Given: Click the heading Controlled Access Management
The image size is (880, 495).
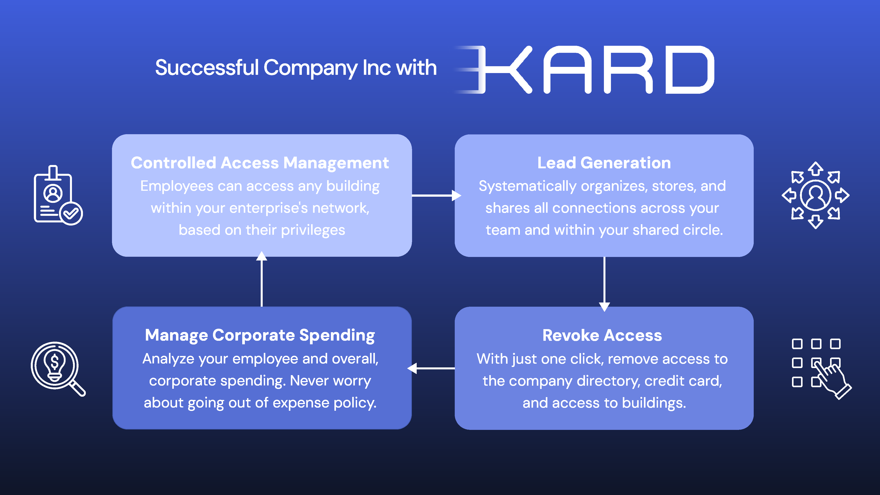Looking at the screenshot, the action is [260, 163].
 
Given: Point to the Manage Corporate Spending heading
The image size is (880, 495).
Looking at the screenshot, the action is [260, 335].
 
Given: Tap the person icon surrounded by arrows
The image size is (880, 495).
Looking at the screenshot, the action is [816, 195].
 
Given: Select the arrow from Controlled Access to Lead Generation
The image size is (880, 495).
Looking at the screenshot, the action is [436, 195].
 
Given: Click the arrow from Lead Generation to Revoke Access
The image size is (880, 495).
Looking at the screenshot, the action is [604, 284].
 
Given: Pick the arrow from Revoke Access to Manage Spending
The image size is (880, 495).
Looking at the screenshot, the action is [431, 368].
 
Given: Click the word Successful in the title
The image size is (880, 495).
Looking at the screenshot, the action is [207, 68].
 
